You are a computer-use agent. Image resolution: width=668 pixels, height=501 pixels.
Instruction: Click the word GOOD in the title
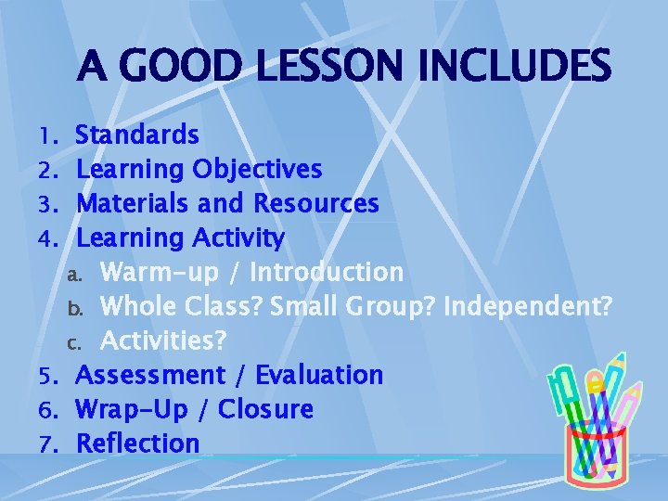tap(173, 66)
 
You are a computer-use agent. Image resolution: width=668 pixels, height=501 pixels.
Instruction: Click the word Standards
tap(137, 135)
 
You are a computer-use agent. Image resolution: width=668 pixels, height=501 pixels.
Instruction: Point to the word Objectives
tap(257, 170)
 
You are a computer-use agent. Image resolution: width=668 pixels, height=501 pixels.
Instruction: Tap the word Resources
tap(316, 203)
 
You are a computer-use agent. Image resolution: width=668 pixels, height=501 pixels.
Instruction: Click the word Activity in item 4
tap(238, 238)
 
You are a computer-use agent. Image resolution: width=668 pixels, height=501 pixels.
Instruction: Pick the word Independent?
tap(528, 306)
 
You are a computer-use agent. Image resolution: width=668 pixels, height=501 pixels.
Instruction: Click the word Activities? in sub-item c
tap(163, 340)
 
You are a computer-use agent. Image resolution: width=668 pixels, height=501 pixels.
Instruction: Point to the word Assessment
tap(150, 375)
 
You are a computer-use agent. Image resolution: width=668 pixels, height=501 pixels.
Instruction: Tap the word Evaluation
tap(318, 375)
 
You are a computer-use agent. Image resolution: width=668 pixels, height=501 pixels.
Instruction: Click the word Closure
tap(265, 409)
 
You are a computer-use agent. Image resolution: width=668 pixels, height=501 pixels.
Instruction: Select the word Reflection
tap(137, 443)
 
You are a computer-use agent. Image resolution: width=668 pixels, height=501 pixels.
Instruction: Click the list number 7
tap(49, 444)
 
